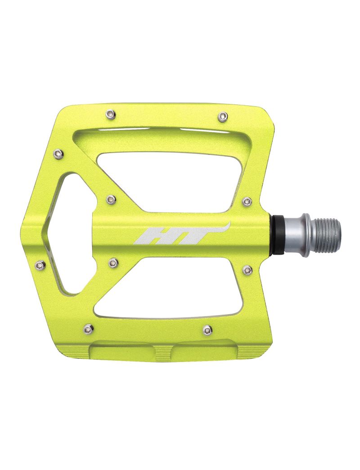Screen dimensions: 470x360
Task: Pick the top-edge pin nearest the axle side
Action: pyautogui.click(x=221, y=117)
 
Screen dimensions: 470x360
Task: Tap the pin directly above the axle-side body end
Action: pyautogui.click(x=247, y=200)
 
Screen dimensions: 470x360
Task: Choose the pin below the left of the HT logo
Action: pyautogui.click(x=113, y=262)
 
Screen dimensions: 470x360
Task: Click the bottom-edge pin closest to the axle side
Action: pyautogui.click(x=207, y=330)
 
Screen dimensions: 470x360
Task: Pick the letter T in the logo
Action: pyautogui.click(x=193, y=234)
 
